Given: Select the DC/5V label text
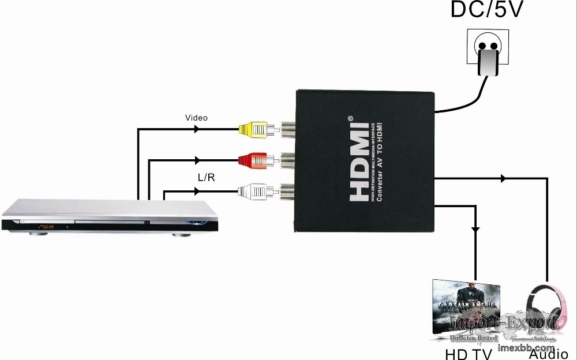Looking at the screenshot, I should [x=487, y=10].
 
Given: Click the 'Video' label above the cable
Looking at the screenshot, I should [x=196, y=118].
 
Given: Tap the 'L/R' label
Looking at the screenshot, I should [x=206, y=178].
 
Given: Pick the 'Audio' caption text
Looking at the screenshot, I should [x=548, y=354].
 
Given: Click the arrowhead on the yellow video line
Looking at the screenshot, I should [x=197, y=129].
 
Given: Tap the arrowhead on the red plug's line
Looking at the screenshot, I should [x=198, y=160].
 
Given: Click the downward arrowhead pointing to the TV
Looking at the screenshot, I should [x=475, y=230].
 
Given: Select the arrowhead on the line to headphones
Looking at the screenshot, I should [x=504, y=179].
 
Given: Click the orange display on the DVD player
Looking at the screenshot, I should [x=45, y=227].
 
